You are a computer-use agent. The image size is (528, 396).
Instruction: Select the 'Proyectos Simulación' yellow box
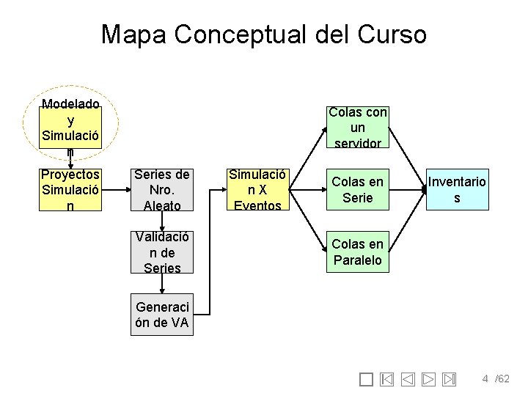point(70,190)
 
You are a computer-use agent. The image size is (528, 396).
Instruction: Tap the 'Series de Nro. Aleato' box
point(162,190)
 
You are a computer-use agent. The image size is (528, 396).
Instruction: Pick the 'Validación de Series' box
point(162,252)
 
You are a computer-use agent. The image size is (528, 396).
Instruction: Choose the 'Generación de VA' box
point(162,315)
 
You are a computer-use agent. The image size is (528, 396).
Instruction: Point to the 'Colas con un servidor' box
point(357,128)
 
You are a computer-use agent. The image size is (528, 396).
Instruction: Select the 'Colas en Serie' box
point(357,190)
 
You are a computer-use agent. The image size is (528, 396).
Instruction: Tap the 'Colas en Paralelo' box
point(357,252)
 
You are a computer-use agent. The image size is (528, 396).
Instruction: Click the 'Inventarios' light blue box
point(457,190)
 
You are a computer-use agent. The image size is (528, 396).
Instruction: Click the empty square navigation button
point(367,379)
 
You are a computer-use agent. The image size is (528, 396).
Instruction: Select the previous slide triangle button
point(408,379)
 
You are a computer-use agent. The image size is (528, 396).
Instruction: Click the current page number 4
point(485,379)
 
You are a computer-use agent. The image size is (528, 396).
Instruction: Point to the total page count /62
point(502,379)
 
